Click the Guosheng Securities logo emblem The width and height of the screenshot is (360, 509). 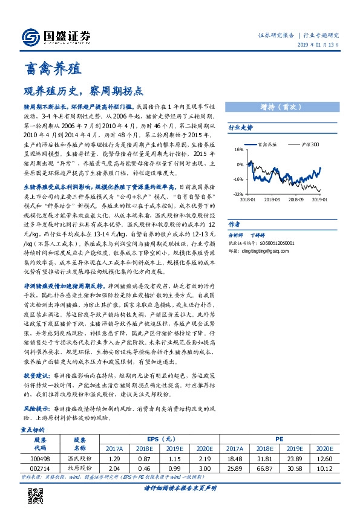pyautogui.click(x=30, y=37)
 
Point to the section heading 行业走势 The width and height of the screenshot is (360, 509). pyautogui.click(x=240, y=128)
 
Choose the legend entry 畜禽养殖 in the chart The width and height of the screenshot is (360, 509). pyautogui.click(x=267, y=144)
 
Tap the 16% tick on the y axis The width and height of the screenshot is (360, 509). pyautogui.click(x=239, y=149)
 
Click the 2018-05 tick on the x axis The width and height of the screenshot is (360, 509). pyautogui.click(x=272, y=199)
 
